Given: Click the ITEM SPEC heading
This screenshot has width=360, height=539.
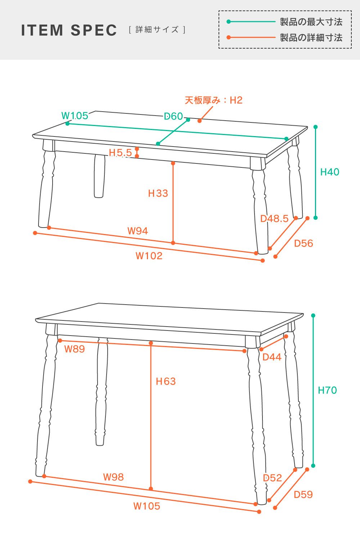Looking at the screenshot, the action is pos(69,30).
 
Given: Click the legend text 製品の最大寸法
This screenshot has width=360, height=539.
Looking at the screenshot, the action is pos(311,22).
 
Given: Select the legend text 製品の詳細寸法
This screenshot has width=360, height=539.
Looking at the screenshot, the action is pos(311,37).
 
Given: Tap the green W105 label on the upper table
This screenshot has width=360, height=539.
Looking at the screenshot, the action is pos(75,116).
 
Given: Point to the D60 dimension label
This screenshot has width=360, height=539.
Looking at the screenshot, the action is pos(173,116).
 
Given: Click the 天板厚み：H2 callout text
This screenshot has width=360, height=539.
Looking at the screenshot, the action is pos(213,100).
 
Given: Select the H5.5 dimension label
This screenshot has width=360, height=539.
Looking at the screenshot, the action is pos(120,153).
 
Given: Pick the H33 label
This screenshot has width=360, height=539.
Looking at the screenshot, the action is pos(158,193).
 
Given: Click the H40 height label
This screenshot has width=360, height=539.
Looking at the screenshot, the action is pos(330,172).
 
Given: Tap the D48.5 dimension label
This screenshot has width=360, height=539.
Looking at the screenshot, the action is pos(274,219).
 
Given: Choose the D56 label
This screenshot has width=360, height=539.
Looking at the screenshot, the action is pos(303,243).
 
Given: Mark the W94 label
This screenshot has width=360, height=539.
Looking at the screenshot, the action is pos(138,231).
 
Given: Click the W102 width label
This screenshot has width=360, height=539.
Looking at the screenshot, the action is pos(149,256).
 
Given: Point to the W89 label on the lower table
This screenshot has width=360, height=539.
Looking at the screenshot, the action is pos(75,349).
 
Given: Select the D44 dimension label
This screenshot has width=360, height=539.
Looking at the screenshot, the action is pos(272,357).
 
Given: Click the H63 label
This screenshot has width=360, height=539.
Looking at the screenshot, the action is pos(166,381).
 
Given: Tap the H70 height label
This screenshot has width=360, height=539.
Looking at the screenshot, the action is pos(327,390).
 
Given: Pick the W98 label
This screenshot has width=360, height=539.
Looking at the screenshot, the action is pos(113,477).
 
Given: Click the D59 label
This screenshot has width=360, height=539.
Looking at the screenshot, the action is pos(303,495).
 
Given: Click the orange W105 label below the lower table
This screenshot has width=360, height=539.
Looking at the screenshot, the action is pos(147,506).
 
